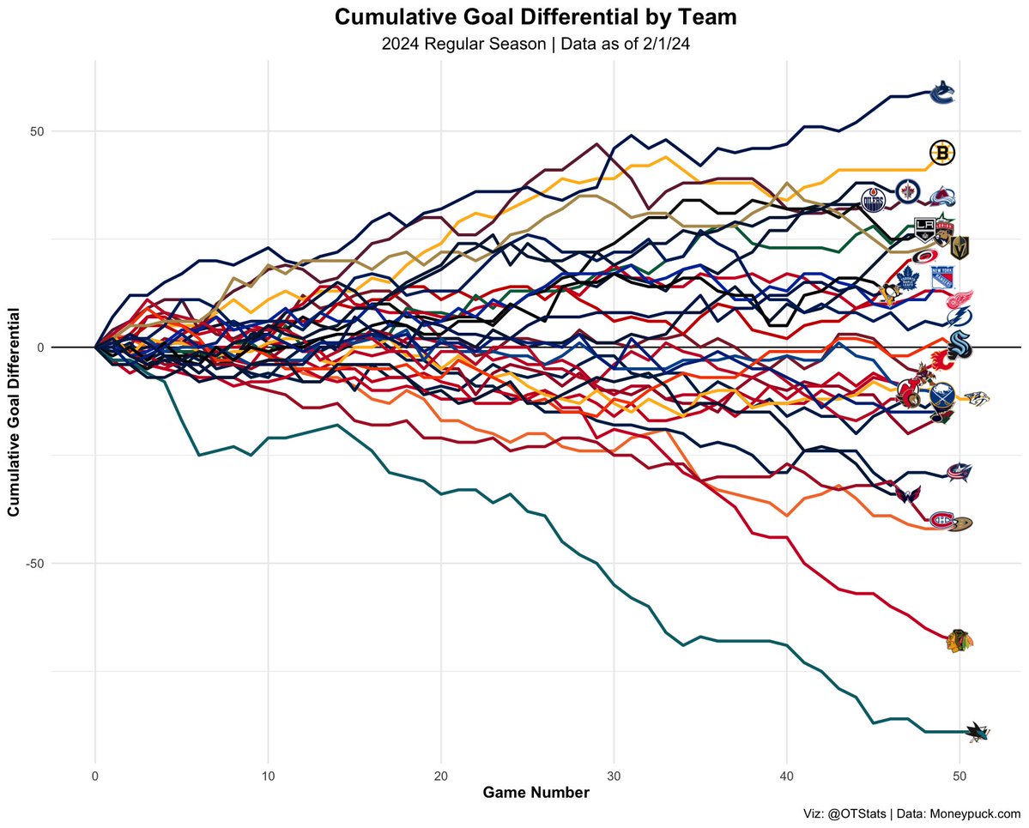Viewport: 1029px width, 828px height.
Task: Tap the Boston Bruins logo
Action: coord(942,153)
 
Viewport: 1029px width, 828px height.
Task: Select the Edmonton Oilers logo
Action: coord(874,201)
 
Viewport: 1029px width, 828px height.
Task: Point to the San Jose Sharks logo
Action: coord(978,731)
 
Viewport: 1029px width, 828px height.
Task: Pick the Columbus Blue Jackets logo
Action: coord(959,470)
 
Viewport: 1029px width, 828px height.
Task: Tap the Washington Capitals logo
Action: coord(909,495)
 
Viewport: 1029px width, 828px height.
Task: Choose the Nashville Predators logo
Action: coord(977,398)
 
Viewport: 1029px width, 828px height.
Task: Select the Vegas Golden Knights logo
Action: coord(959,247)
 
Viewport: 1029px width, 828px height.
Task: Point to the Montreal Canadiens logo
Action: coord(942,520)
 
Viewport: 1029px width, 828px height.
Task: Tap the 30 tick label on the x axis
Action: coord(614,776)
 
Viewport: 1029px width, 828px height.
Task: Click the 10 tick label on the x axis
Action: coord(268,776)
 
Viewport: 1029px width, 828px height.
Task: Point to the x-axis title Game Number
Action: coord(536,794)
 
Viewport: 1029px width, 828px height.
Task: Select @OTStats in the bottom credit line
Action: coord(854,814)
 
